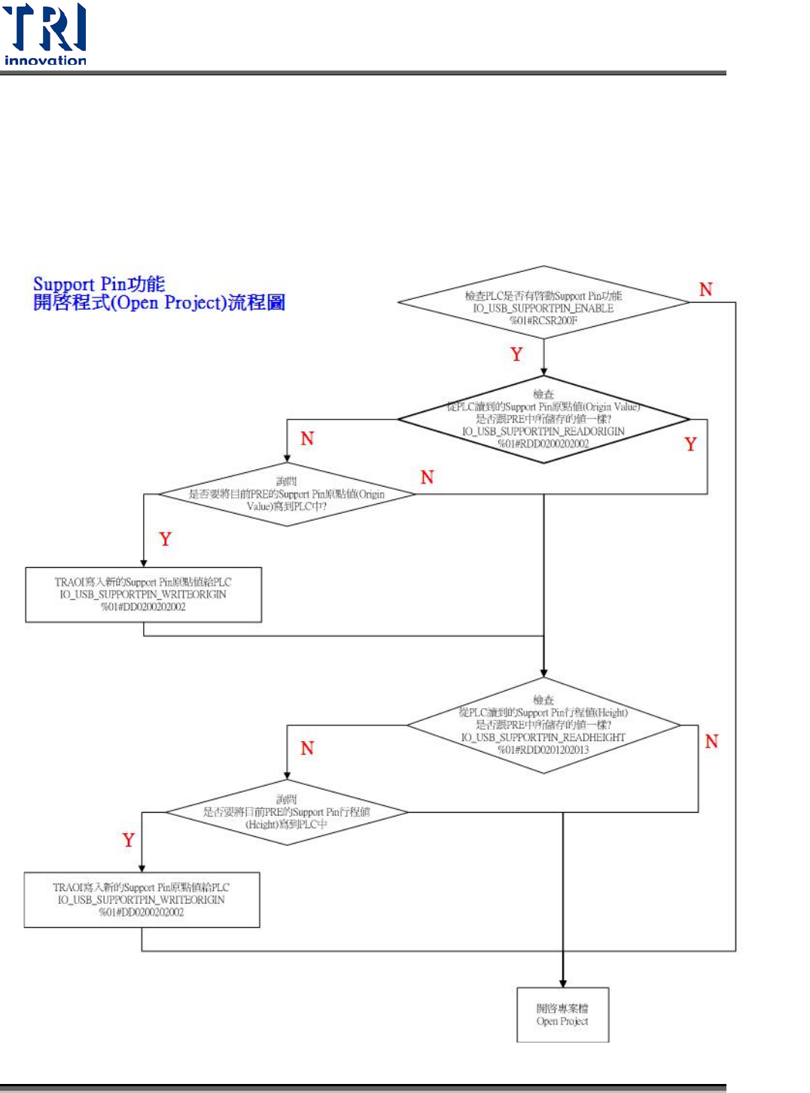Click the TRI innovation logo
(x=45, y=34)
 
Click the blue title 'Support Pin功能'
(x=99, y=284)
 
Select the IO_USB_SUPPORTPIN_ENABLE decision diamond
(x=543, y=302)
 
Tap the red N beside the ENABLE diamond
(x=705, y=289)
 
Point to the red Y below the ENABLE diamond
(x=516, y=354)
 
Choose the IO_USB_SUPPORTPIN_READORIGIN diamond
(x=543, y=419)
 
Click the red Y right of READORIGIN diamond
(x=690, y=444)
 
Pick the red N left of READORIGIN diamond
(x=307, y=438)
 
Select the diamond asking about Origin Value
(x=287, y=494)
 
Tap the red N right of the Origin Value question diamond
(x=427, y=477)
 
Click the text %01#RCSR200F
(x=543, y=321)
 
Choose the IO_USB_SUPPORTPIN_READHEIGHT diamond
(x=543, y=725)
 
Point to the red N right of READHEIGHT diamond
(x=711, y=741)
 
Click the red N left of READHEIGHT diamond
(x=307, y=748)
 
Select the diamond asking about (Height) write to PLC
(x=287, y=812)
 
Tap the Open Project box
(x=562, y=1015)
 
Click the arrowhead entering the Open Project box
(x=562, y=983)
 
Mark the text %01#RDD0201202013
(x=543, y=750)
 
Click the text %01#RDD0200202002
(x=543, y=444)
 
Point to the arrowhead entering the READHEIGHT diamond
(x=544, y=673)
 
